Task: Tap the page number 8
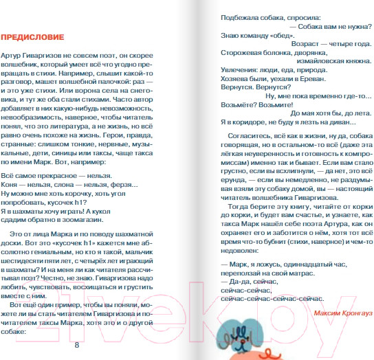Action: [76, 345]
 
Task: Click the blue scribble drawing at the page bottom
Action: [240, 337]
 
